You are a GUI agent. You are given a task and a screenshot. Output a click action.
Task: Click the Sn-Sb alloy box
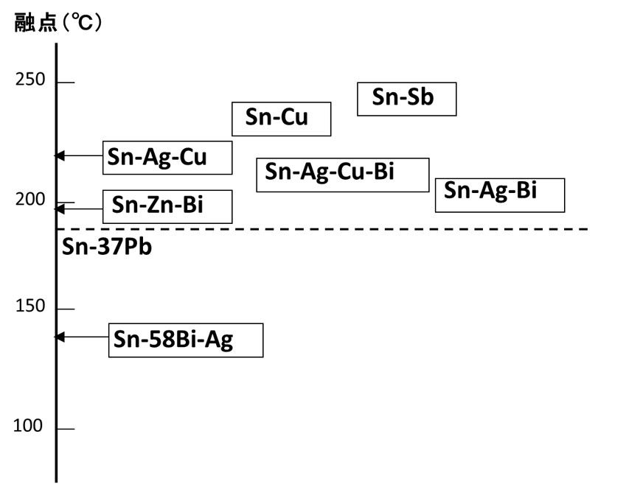click(406, 99)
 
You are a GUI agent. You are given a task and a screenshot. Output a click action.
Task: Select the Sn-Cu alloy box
click(281, 119)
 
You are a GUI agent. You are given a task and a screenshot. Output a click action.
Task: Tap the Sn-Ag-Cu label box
click(167, 158)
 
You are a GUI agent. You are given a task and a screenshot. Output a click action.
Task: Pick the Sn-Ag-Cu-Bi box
click(342, 175)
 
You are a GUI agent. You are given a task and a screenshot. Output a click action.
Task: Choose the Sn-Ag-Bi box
click(499, 194)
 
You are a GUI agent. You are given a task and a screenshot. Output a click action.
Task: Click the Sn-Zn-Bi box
click(167, 206)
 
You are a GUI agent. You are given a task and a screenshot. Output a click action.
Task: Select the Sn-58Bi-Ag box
click(185, 340)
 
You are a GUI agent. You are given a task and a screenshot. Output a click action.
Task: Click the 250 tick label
click(30, 80)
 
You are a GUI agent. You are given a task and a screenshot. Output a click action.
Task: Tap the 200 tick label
click(30, 200)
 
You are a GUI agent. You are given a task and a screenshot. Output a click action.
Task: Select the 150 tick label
click(30, 306)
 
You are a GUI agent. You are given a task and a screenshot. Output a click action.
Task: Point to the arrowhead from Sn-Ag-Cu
click(61, 155)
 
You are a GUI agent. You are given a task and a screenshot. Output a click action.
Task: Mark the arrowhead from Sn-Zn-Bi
click(61, 209)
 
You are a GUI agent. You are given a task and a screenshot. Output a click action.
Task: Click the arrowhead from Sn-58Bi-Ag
click(61, 337)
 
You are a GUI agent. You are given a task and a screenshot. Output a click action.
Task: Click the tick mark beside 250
click(66, 83)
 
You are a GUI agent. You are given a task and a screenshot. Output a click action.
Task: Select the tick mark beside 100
click(66, 429)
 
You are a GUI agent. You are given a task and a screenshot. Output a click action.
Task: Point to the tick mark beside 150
click(66, 309)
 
